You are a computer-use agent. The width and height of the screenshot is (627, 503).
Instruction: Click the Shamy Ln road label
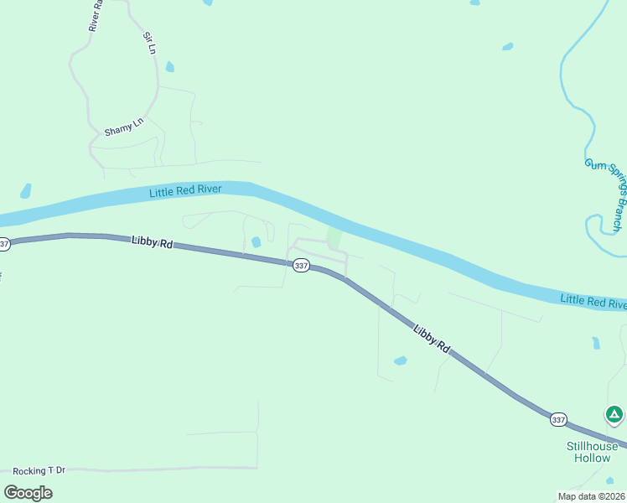124,132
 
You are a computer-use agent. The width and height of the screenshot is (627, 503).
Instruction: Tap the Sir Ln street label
150,44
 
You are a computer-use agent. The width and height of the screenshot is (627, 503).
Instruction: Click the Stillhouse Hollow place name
592,452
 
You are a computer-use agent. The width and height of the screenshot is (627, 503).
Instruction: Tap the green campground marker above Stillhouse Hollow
614,414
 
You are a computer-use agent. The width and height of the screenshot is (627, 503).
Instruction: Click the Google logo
28,492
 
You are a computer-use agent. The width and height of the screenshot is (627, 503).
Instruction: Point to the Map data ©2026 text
591,496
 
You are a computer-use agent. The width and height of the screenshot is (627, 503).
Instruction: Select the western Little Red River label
185,191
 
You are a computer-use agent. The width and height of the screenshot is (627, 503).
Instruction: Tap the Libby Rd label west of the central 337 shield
152,242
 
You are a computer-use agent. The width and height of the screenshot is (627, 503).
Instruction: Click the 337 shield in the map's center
302,266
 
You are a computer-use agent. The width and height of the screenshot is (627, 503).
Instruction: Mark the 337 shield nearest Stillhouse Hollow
559,419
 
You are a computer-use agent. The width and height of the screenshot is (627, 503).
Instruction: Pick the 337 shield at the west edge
4,244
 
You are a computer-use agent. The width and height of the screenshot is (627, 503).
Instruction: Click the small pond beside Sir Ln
170,66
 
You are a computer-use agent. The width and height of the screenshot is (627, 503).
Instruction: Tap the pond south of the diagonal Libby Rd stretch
401,360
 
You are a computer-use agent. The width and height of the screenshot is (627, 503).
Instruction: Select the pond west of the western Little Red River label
26,190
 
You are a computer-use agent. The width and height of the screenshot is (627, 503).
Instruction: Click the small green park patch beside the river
334,240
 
